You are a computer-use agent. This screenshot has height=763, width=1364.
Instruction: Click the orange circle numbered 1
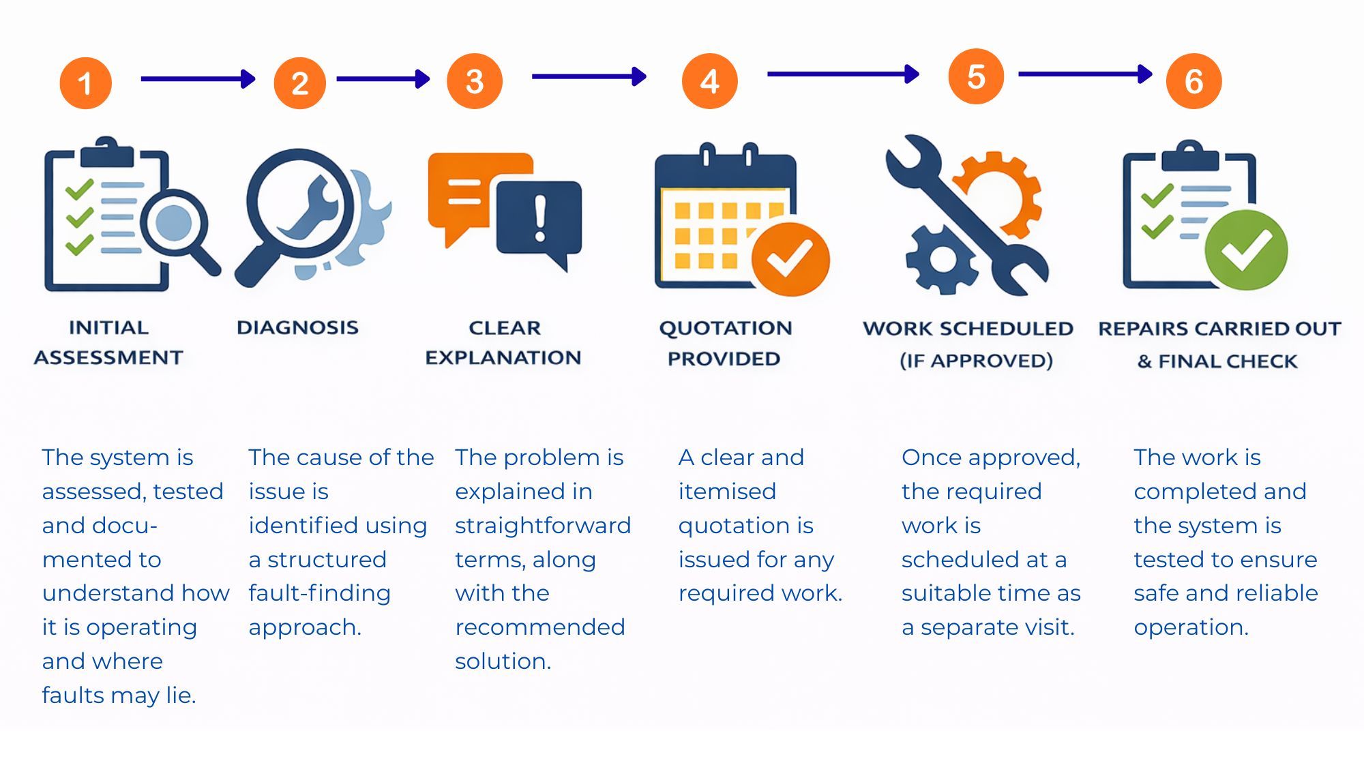click(x=85, y=83)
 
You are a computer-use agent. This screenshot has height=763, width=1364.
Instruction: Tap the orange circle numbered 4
click(x=709, y=81)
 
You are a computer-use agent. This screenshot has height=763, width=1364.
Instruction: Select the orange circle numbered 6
click(x=1193, y=81)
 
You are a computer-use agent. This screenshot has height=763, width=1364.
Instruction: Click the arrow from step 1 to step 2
click(x=197, y=79)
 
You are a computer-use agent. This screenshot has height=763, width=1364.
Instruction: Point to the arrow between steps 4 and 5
click(x=843, y=74)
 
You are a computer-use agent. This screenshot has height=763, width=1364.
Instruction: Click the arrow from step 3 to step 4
click(x=589, y=76)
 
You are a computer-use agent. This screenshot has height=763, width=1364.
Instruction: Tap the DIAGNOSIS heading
click(x=297, y=328)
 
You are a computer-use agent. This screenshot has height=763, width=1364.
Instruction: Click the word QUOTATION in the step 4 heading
click(x=725, y=329)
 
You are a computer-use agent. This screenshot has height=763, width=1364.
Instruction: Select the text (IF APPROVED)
click(x=976, y=361)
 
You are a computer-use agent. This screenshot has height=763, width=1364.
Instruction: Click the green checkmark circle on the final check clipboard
click(x=1246, y=250)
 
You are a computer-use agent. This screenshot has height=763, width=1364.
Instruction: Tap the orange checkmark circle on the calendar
click(x=790, y=260)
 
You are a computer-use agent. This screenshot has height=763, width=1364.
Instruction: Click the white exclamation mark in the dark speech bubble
click(x=540, y=218)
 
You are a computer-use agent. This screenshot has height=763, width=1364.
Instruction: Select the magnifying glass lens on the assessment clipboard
click(x=174, y=222)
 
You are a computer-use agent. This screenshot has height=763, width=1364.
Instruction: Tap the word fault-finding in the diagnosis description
click(x=319, y=593)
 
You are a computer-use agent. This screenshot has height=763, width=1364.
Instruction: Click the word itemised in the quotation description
click(x=727, y=492)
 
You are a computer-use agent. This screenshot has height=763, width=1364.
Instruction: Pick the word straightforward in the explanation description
click(x=543, y=526)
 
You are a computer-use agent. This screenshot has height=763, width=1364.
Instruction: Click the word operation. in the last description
click(x=1191, y=627)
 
